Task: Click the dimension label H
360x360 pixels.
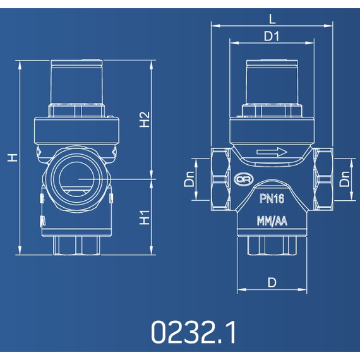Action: pos(11,158)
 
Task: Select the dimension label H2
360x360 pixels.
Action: pos(145,120)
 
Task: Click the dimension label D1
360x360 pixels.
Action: pos(272,37)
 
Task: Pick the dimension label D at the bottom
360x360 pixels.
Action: pos(272,283)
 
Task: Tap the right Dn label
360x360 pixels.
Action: pos(345,179)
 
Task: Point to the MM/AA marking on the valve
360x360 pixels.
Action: pos(272,222)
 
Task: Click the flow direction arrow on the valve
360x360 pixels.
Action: pos(272,152)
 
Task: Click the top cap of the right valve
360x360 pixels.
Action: pos(272,82)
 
